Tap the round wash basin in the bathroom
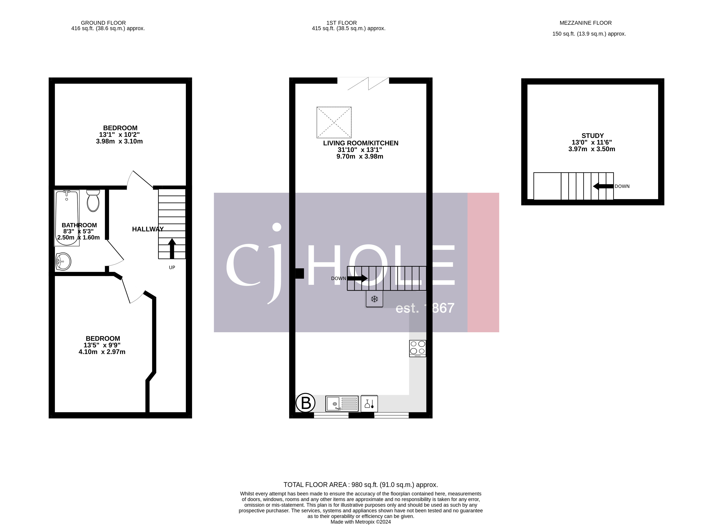[63, 261]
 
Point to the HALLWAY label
[148, 229]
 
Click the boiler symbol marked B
[305, 403]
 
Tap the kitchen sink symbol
[342, 404]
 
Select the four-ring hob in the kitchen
[417, 348]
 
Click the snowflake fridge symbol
[374, 299]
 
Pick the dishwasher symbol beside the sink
[369, 404]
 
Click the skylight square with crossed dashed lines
[334, 122]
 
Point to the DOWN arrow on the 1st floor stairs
[357, 278]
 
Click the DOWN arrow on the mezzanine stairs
[603, 187]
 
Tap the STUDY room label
[592, 136]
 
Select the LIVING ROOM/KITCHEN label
[360, 143]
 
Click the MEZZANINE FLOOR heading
[585, 23]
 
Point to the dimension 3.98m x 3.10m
[119, 142]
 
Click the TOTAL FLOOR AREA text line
[360, 485]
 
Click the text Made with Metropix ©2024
[360, 522]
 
